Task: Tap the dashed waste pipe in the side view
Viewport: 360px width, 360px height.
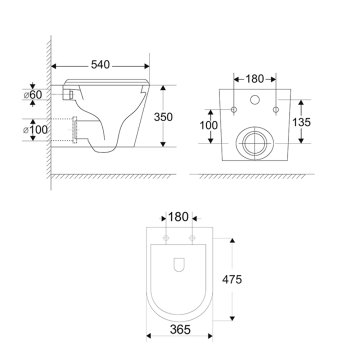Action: (x=76, y=129)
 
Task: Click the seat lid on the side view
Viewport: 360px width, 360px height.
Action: (x=105, y=79)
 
